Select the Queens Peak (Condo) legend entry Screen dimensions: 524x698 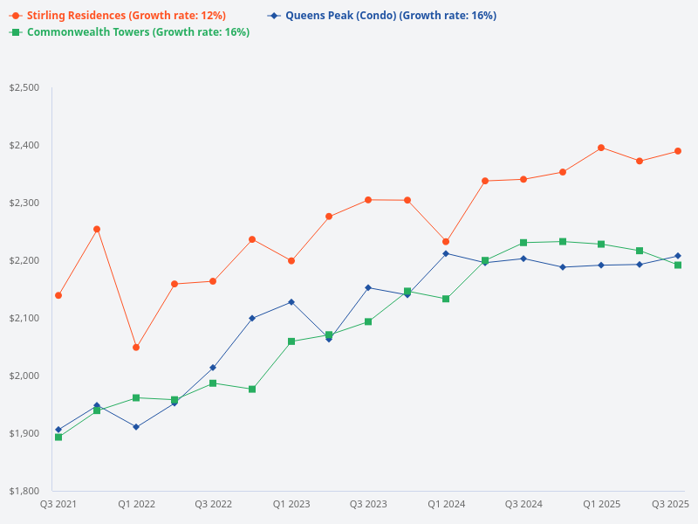tap(384, 16)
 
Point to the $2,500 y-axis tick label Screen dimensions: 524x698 tap(24, 87)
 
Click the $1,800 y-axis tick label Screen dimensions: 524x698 tap(24, 491)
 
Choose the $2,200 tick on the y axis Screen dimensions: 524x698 tap(24, 260)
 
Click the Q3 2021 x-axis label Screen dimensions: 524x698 tap(58, 504)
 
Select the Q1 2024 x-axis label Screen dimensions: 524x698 tap(446, 504)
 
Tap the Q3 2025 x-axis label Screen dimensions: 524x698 tap(671, 504)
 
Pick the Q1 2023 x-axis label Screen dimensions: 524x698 tap(291, 504)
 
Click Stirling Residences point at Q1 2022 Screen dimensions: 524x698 tap(136, 348)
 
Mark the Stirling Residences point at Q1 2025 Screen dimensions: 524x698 tap(601, 148)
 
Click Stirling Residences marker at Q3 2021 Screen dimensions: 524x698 tap(58, 295)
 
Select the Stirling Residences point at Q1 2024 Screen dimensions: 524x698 tap(446, 242)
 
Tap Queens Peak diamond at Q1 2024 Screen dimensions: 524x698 tap(446, 253)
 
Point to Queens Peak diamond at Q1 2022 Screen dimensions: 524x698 tap(136, 427)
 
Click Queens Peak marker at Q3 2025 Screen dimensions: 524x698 tap(678, 256)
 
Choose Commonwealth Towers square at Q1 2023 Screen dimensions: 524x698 tap(291, 341)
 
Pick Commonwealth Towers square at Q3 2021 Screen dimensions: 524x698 tap(58, 437)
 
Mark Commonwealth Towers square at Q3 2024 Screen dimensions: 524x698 tap(523, 243)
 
